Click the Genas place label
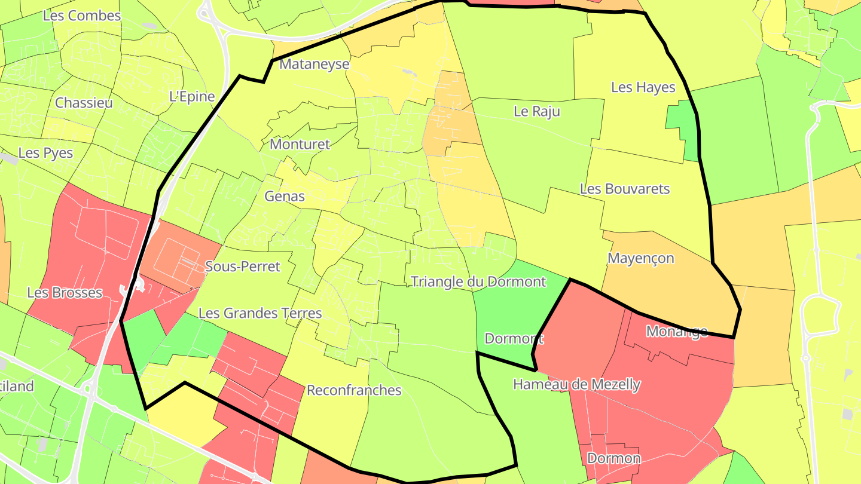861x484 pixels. (x=285, y=196)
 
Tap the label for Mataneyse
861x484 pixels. (x=314, y=64)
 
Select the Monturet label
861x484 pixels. (x=300, y=144)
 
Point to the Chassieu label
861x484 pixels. (x=84, y=103)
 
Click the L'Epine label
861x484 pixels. (x=192, y=97)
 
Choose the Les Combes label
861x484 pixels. (x=82, y=16)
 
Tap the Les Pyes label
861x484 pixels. (x=46, y=153)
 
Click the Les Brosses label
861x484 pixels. (x=65, y=293)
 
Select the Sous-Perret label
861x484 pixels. (x=242, y=266)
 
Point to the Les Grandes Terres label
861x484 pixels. (x=260, y=313)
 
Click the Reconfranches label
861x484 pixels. (x=354, y=390)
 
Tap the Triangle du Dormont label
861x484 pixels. (x=478, y=281)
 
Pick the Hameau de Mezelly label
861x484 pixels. (x=576, y=384)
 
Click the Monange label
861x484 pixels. (x=677, y=331)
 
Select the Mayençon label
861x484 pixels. (x=640, y=258)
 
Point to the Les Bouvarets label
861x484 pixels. (x=625, y=189)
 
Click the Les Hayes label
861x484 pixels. (x=643, y=87)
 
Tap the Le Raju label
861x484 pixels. (x=537, y=111)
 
